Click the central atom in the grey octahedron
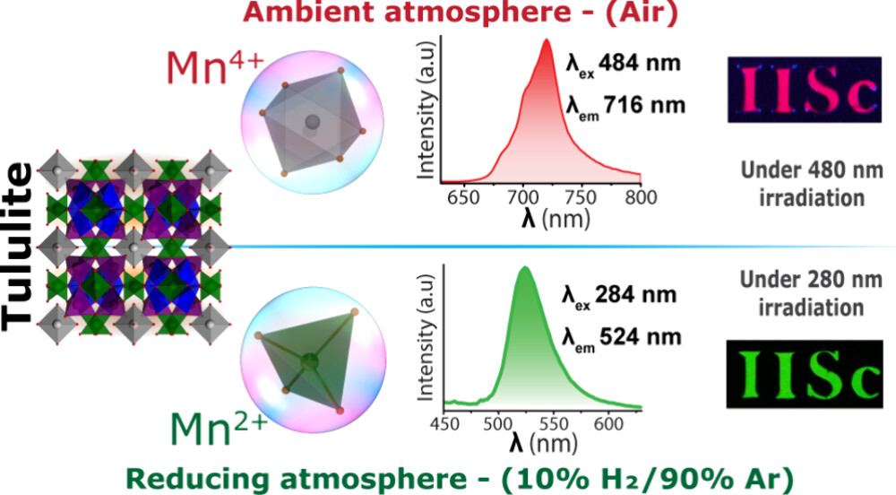pos(312,122)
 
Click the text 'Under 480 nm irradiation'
pos(803,183)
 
